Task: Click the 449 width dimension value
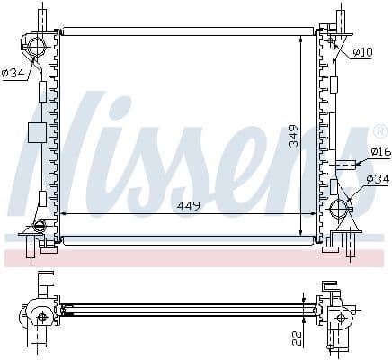(189, 205)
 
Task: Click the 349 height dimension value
(293, 136)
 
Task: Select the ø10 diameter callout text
(362, 52)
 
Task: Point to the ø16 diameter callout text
(381, 151)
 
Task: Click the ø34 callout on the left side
(13, 73)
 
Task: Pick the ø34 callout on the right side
(378, 179)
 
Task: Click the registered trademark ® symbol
(379, 131)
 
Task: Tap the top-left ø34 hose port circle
(36, 48)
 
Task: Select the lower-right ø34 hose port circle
(339, 208)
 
